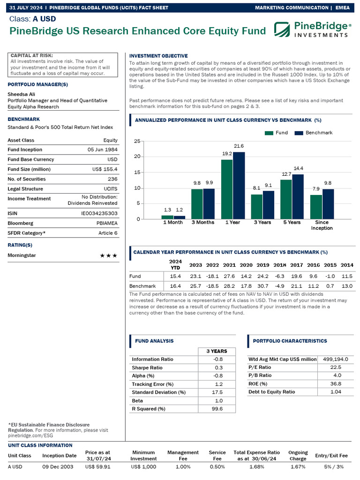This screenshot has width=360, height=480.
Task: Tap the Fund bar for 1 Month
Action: pyautogui.click(x=167, y=217)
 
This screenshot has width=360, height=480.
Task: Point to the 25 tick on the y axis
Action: pyautogui.click(x=137, y=141)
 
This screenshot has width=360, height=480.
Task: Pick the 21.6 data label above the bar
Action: pyautogui.click(x=239, y=146)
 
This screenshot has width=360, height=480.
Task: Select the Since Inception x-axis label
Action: pyautogui.click(x=322, y=225)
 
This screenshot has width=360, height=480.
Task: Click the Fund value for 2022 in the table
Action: pyautogui.click(x=212, y=276)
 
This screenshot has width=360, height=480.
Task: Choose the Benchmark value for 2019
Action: pyautogui.click(x=263, y=285)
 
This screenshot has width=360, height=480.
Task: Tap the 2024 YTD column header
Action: pyautogui.click(x=175, y=265)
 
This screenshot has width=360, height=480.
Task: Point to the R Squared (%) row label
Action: pyautogui.click(x=149, y=409)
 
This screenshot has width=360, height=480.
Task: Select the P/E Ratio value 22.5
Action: pyautogui.click(x=336, y=367)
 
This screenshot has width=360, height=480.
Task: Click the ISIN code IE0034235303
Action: pyautogui.click(x=99, y=213)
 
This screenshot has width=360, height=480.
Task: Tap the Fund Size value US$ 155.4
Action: pyautogui.click(x=105, y=169)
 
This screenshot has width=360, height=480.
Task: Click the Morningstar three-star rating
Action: pyautogui.click(x=108, y=255)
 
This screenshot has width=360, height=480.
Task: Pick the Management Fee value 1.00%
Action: pyautogui.click(x=183, y=466)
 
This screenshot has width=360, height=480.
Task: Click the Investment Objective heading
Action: pyautogui.click(x=158, y=56)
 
